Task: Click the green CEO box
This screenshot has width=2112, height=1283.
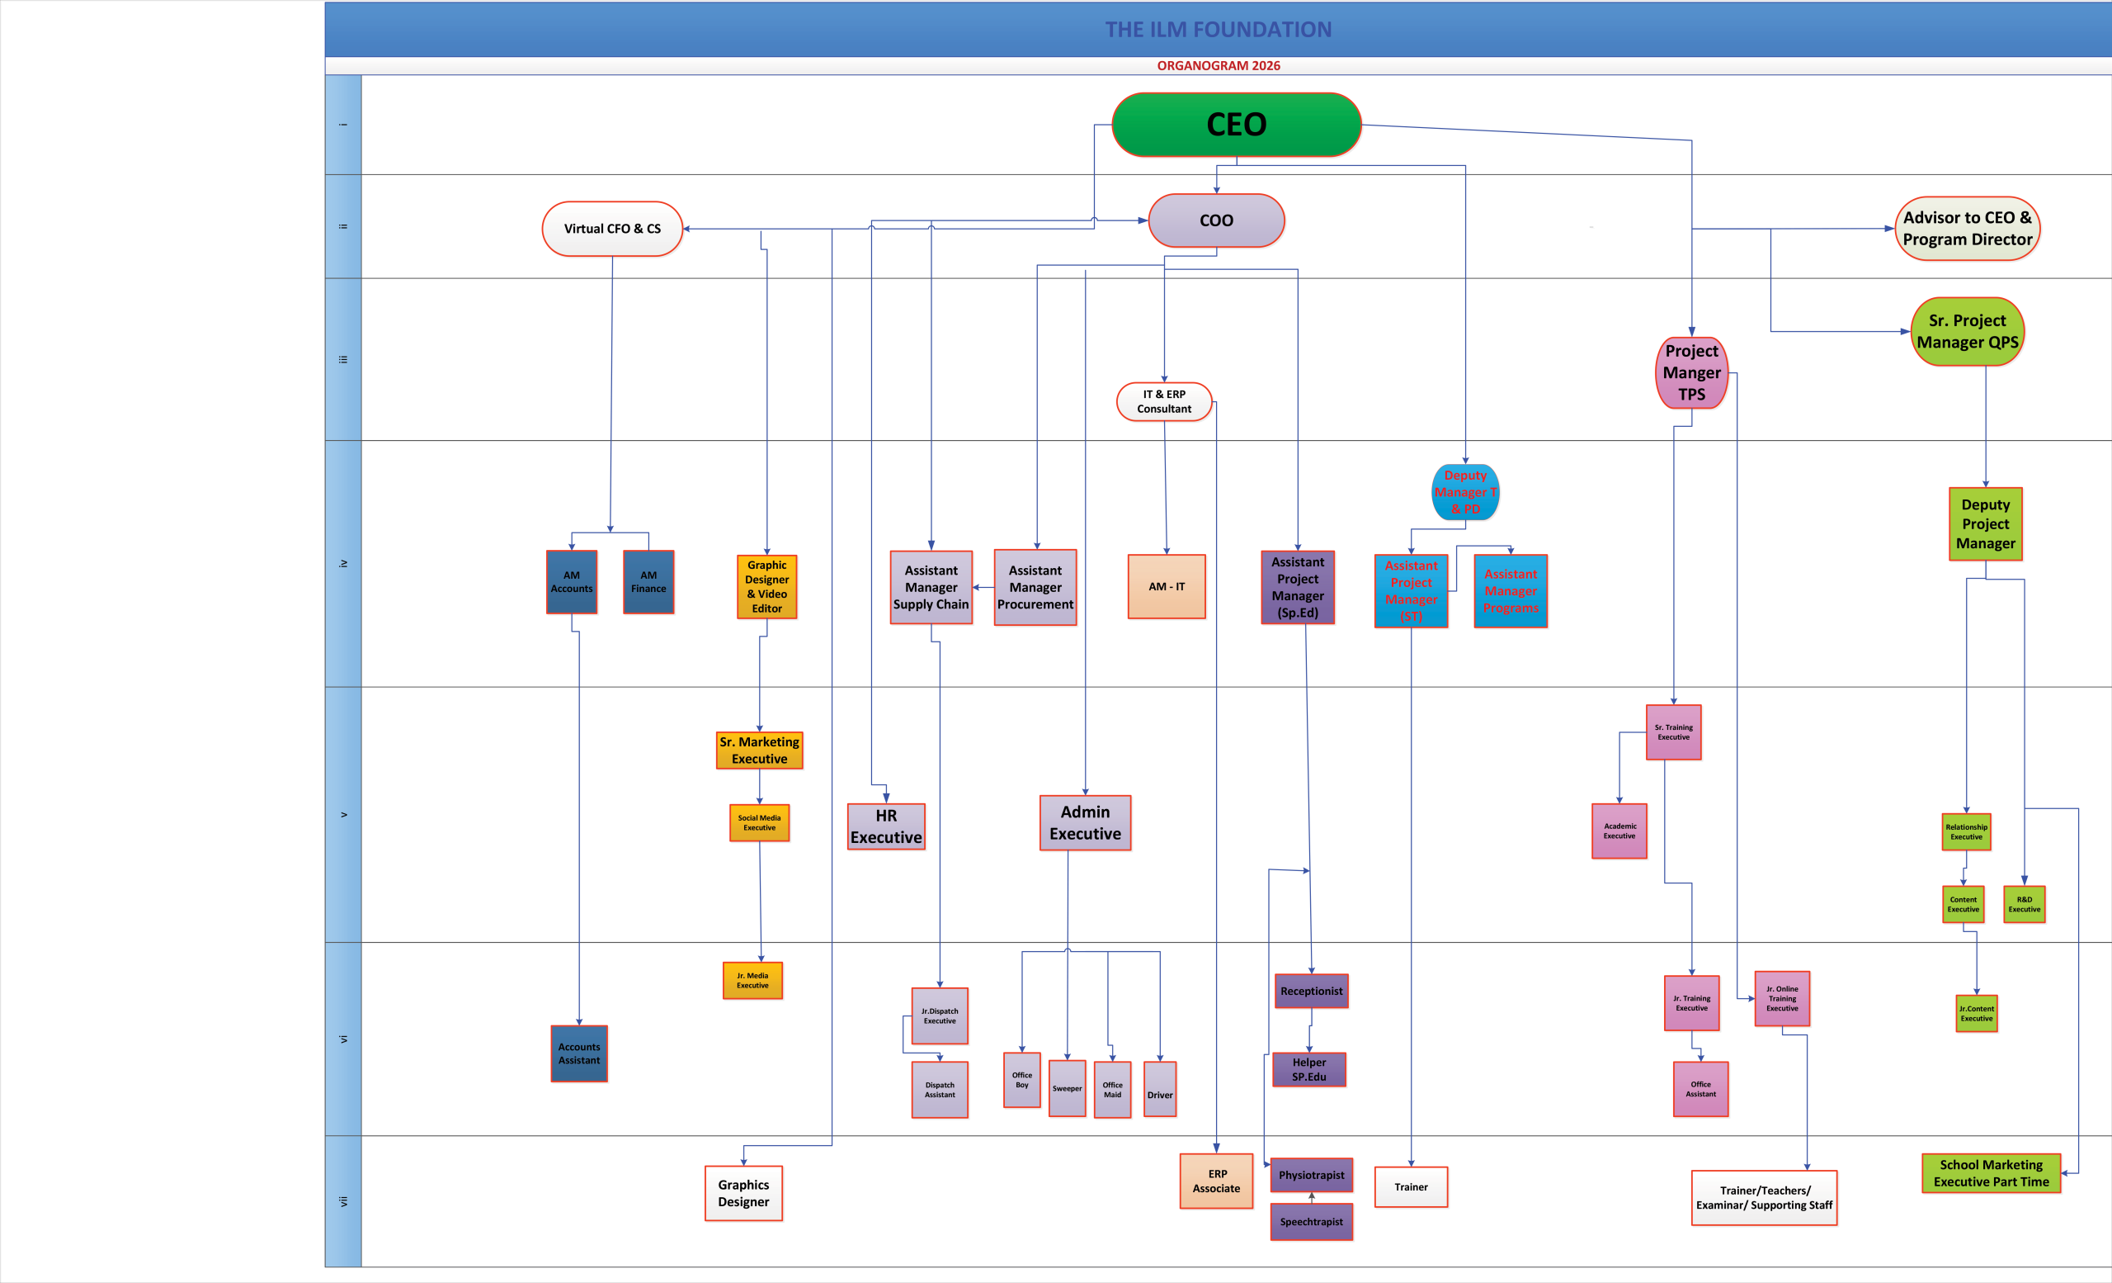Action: click(x=1236, y=125)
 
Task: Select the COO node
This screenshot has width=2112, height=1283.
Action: click(x=1216, y=220)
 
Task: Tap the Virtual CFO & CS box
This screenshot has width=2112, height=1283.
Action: click(x=612, y=229)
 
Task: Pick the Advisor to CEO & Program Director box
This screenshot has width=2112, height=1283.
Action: click(x=1967, y=228)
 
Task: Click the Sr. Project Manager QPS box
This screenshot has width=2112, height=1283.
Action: click(x=1967, y=331)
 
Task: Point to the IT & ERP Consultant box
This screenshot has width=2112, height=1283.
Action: click(x=1164, y=401)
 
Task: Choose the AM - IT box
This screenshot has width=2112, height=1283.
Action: click(x=1167, y=587)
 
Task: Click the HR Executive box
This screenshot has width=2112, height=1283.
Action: click(x=886, y=826)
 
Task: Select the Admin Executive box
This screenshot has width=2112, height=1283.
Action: click(x=1085, y=822)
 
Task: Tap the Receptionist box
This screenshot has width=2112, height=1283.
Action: click(x=1312, y=992)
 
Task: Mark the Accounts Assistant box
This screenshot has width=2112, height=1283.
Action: click(x=579, y=1053)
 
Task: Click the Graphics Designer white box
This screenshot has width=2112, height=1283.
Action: click(x=744, y=1193)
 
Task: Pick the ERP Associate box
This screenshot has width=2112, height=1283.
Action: click(x=1217, y=1181)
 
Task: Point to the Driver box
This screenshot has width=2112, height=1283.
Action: click(x=1160, y=1090)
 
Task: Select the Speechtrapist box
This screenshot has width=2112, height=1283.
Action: click(x=1312, y=1222)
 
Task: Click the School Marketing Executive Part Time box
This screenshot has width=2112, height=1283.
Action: click(x=1992, y=1173)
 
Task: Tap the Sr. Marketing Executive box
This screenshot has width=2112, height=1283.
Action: click(x=760, y=750)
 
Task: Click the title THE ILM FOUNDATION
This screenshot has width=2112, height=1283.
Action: click(x=1218, y=30)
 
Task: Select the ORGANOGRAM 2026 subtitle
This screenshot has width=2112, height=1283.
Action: click(x=1218, y=66)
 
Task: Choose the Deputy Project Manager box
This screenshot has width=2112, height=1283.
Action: click(x=1985, y=524)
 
